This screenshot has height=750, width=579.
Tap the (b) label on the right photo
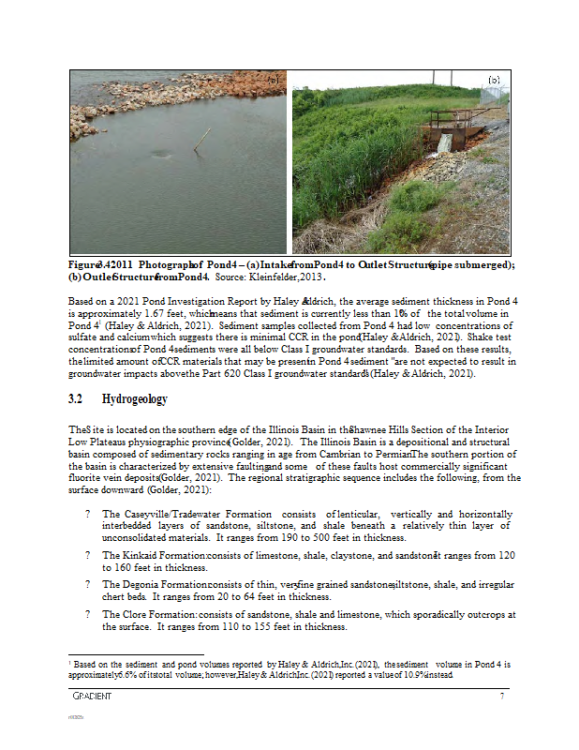494,79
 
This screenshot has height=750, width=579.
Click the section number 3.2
76,399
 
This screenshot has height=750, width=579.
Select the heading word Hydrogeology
135,399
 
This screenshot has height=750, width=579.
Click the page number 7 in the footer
503,696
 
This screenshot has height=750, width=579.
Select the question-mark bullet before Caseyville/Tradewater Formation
87,515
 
